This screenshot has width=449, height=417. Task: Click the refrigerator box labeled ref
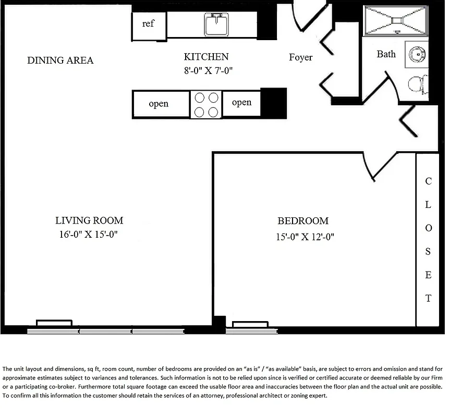[x=148, y=24]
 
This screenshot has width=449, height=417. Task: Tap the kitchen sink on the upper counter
[x=216, y=24]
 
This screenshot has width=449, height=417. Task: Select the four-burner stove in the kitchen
[x=206, y=104]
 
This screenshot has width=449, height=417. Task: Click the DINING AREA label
[x=60, y=60]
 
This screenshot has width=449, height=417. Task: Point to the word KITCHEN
[x=206, y=57]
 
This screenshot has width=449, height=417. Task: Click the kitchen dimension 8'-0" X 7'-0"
[x=208, y=71]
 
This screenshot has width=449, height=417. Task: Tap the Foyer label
[x=301, y=57]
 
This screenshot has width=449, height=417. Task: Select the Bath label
[x=386, y=54]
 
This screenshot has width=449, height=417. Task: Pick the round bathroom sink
[x=418, y=54]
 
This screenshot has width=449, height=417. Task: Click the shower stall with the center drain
[x=396, y=21]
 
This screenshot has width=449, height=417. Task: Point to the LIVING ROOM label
[x=89, y=220]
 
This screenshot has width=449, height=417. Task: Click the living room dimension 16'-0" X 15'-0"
[x=89, y=235]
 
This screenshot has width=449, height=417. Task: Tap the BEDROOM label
[x=302, y=221]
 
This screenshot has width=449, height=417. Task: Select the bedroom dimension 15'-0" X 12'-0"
[x=305, y=237]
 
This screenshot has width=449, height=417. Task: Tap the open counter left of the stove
[x=159, y=104]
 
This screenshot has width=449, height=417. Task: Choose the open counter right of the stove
[x=241, y=103]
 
